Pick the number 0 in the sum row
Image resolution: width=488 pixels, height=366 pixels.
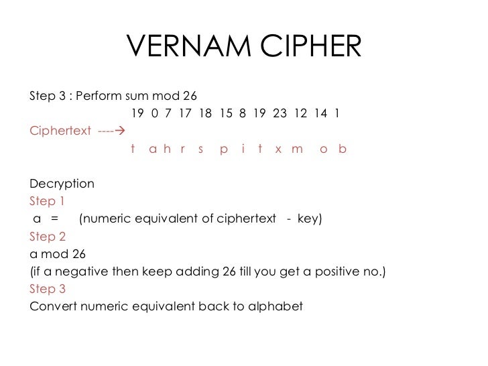(155, 113)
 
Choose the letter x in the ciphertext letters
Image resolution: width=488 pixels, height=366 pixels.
(278, 149)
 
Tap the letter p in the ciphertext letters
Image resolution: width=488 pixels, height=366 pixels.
(224, 149)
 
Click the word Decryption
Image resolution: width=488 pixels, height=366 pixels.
(62, 184)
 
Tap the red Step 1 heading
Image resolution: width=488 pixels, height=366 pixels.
(48, 201)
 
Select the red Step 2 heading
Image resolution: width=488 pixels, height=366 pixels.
(48, 237)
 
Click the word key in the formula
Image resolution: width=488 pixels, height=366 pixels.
(308, 219)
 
